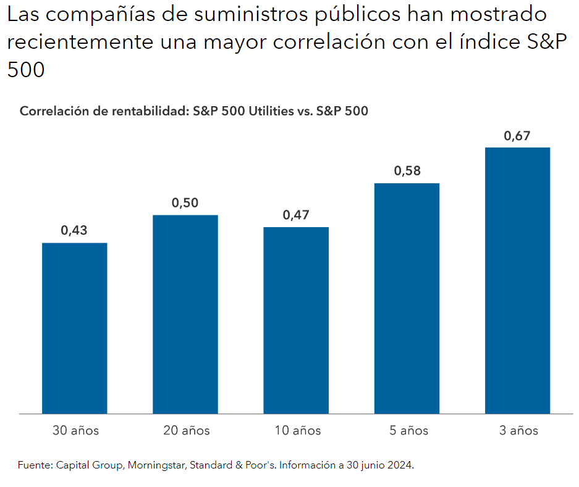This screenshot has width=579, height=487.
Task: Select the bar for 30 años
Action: click(x=74, y=328)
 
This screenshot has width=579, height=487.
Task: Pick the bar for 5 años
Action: click(x=407, y=298)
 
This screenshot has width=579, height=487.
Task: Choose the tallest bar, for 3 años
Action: click(x=517, y=280)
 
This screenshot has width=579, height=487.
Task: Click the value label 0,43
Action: click(x=74, y=231)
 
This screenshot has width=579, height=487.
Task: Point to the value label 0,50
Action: click(x=185, y=203)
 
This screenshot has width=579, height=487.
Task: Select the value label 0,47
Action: click(x=296, y=215)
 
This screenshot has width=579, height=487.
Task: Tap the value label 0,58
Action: click(x=407, y=171)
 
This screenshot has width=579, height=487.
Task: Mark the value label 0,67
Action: click(x=517, y=136)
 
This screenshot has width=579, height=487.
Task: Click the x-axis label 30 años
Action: click(x=75, y=430)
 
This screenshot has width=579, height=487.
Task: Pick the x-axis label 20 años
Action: click(x=186, y=430)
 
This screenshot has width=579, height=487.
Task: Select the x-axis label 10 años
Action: click(x=297, y=430)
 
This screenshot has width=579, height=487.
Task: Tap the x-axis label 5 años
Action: click(x=407, y=430)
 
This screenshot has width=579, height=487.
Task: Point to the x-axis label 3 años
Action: click(x=518, y=430)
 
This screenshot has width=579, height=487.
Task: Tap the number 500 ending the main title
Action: click(x=26, y=70)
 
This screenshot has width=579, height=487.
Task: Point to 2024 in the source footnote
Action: click(x=399, y=465)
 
